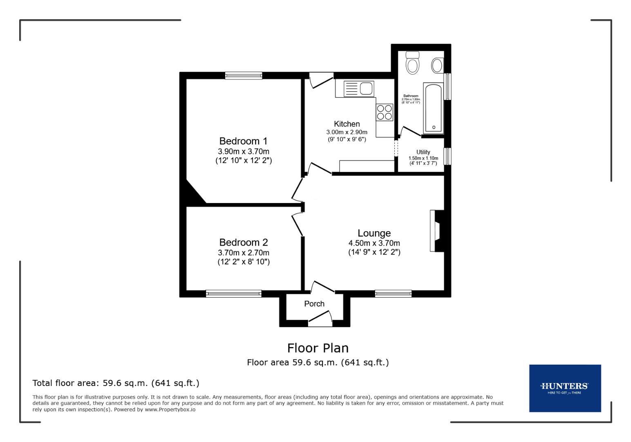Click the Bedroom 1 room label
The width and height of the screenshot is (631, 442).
click(x=243, y=141)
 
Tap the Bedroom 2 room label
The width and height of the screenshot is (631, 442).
click(x=243, y=242)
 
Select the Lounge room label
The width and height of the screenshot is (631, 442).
click(x=374, y=233)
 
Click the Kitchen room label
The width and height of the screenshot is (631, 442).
click(x=347, y=124)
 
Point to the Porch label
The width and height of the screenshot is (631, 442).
click(x=314, y=304)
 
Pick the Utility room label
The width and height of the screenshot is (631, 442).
click(x=423, y=152)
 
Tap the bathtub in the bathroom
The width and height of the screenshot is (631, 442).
click(x=434, y=108)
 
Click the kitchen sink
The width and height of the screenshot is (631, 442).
click(x=359, y=88)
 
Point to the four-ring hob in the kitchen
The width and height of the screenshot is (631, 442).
click(x=385, y=112)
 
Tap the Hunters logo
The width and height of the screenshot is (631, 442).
click(x=565, y=388)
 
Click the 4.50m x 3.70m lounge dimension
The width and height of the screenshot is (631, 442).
click(x=374, y=243)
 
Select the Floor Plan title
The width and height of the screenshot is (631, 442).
click(x=318, y=348)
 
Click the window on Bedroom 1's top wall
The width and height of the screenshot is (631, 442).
click(x=243, y=75)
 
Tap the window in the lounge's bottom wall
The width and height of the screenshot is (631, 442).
click(x=393, y=293)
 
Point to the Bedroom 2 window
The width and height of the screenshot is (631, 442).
click(x=233, y=293)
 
